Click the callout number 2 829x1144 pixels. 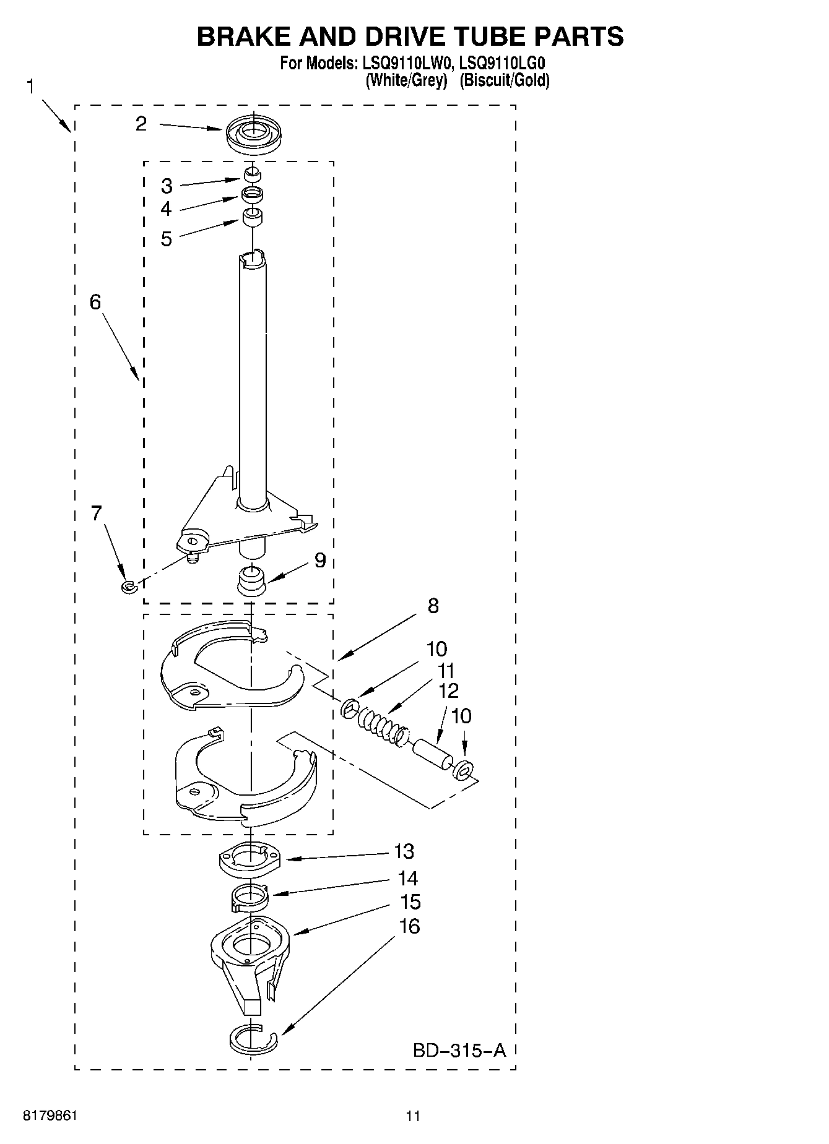[x=141, y=124]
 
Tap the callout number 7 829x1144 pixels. [x=97, y=513]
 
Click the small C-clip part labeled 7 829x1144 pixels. [x=128, y=585]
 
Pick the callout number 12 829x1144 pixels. [x=448, y=690]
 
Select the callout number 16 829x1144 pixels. [x=410, y=926]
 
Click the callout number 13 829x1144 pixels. [x=404, y=851]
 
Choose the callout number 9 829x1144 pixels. [x=319, y=560]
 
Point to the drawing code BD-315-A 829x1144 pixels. [x=459, y=1050]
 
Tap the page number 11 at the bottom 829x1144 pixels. [x=413, y=1116]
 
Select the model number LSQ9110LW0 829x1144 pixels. [x=407, y=63]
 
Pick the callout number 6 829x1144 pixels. [x=95, y=302]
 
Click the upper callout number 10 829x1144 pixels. [x=436, y=649]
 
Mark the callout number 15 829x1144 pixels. [x=410, y=902]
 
